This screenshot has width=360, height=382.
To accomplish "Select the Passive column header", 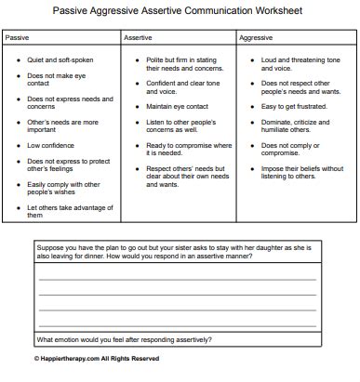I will point(18,38).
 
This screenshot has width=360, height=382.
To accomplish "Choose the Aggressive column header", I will point(256,38).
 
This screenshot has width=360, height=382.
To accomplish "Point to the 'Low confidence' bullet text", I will point(51,144).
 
